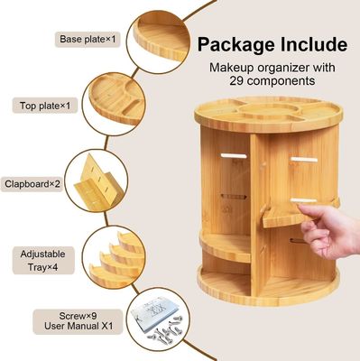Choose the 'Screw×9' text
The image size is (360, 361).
click(x=71, y=315)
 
